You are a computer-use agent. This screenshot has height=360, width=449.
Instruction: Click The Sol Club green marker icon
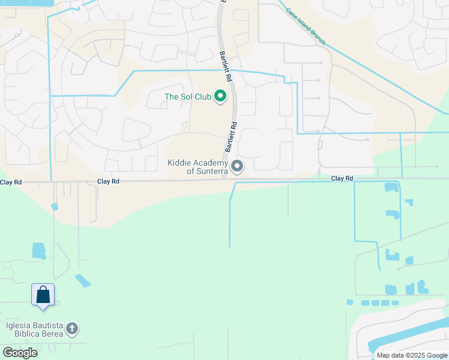click(220, 96)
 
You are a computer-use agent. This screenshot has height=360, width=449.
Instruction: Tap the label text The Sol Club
click(187, 97)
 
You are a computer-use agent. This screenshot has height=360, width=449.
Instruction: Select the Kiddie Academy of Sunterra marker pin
click(238, 166)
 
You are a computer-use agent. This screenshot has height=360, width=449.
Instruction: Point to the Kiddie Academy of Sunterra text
click(198, 167)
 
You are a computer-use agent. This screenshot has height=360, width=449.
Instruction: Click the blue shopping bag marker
click(43, 295)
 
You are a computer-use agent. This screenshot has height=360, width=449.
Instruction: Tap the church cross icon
click(71, 329)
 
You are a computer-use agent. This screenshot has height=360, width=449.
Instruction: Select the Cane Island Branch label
click(306, 26)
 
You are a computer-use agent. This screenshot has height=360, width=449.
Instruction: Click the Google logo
click(20, 353)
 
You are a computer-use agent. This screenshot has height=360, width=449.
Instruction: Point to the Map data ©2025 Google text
click(411, 355)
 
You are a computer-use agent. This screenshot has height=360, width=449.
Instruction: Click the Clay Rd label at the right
click(342, 178)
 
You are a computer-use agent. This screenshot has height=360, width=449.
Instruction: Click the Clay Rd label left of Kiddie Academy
click(108, 181)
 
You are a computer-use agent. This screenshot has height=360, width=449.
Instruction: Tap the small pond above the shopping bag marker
click(39, 251)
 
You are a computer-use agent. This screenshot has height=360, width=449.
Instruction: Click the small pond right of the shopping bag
click(83, 280)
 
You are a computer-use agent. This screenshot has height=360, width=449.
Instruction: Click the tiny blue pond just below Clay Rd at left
click(55, 206)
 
